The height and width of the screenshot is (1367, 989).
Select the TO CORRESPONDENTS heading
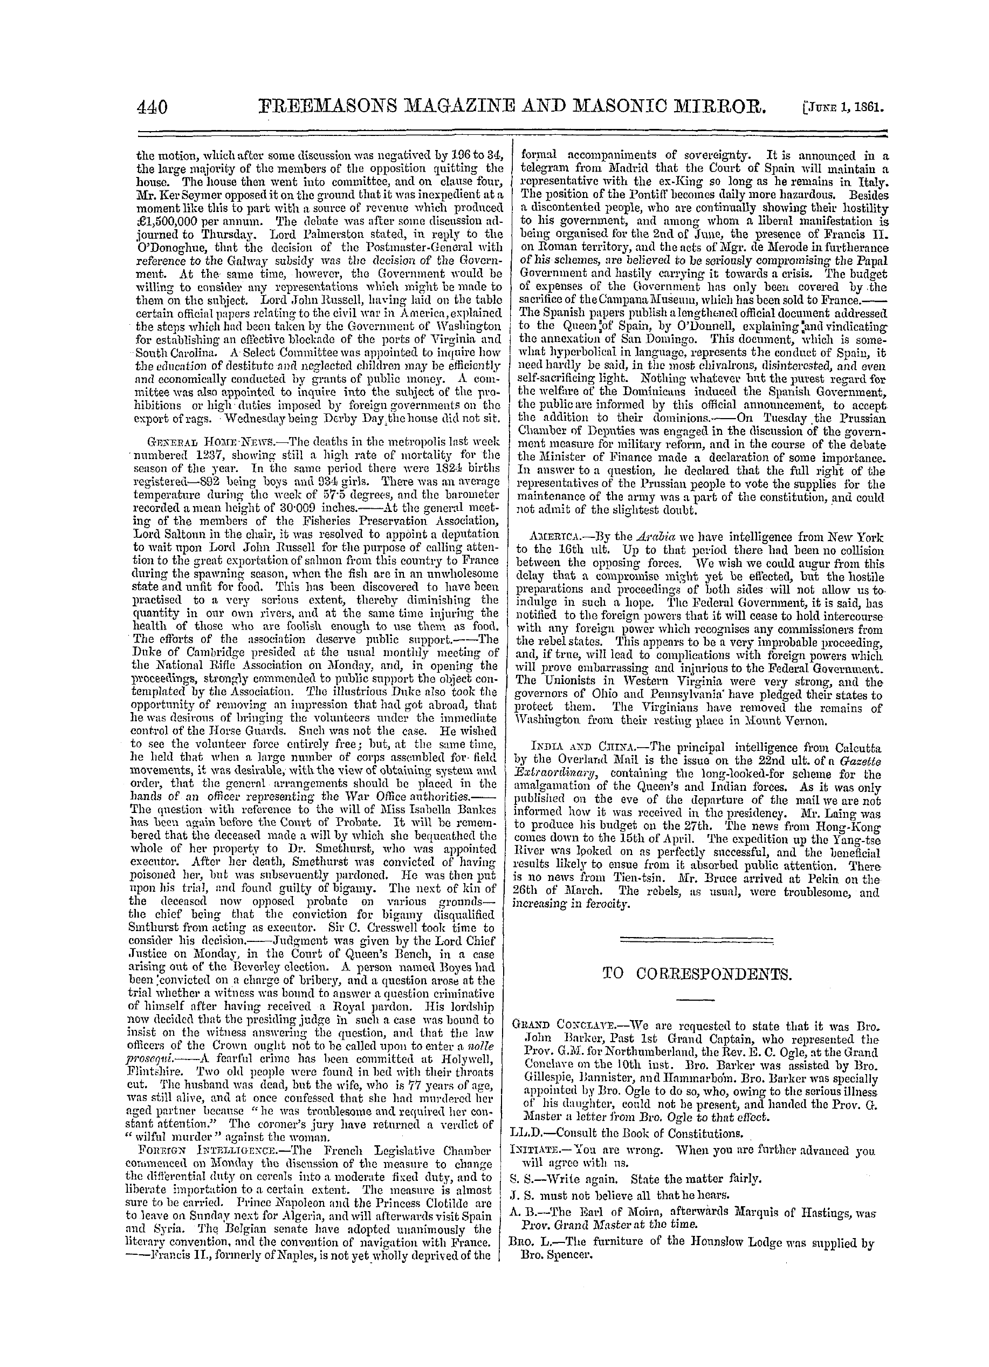[696, 973]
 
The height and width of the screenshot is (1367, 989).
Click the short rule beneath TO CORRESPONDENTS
[696, 1000]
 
